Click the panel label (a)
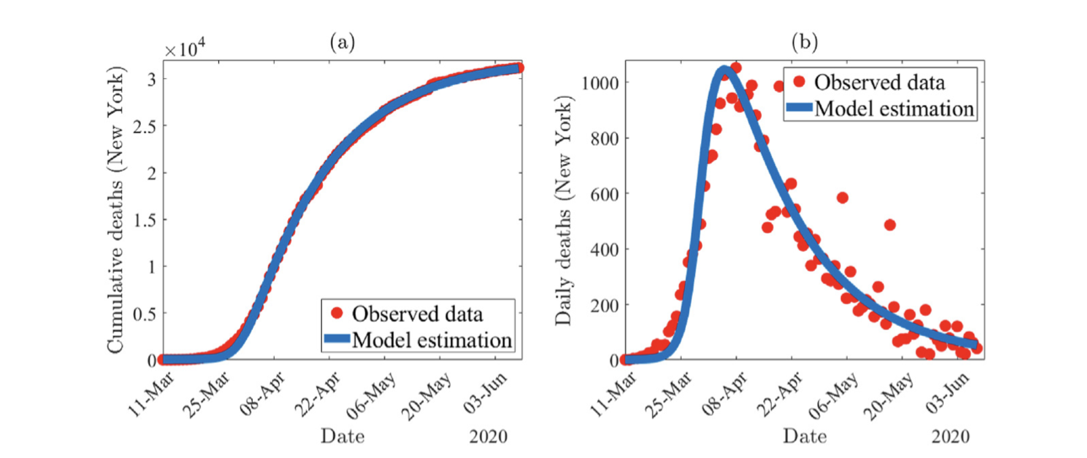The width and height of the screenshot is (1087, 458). tap(342, 42)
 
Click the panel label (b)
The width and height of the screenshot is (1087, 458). tap(805, 42)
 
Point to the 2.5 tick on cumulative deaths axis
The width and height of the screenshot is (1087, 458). tap(145, 126)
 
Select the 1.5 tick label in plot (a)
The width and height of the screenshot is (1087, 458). tap(145, 220)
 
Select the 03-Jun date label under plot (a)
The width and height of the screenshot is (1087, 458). tap(485, 394)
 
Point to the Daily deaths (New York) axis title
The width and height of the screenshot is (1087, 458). tap(563, 210)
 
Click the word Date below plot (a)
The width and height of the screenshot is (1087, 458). tap(342, 436)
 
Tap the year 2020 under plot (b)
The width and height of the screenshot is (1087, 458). tap(950, 436)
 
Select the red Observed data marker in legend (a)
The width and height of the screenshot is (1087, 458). tap(337, 313)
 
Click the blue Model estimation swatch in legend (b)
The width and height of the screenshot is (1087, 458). tap(799, 107)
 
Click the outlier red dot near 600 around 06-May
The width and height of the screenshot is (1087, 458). tap(842, 198)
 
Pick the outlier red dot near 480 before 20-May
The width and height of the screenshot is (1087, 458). tap(890, 225)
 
